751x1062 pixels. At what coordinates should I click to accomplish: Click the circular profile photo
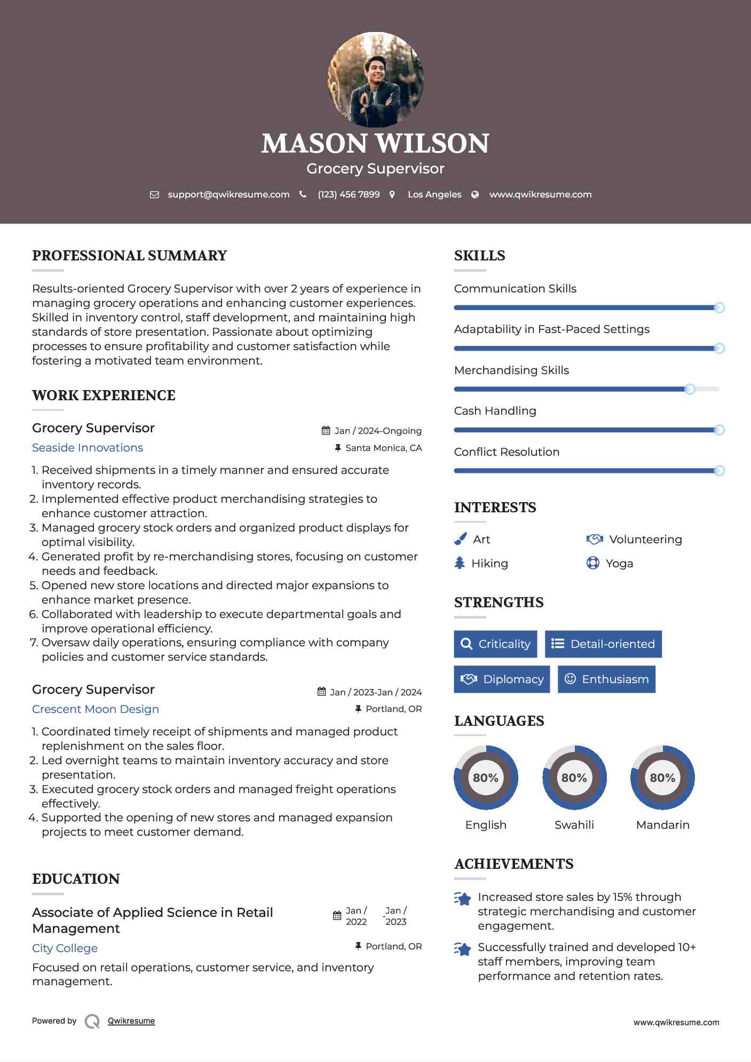click(x=375, y=80)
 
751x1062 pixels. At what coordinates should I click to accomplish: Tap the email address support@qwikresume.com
click(x=228, y=195)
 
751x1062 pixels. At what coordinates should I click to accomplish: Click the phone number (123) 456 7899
click(x=349, y=195)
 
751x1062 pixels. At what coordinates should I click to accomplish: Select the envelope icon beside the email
click(x=154, y=195)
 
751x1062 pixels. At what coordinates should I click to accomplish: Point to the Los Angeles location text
click(x=434, y=195)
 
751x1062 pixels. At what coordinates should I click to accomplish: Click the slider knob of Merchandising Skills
click(x=690, y=389)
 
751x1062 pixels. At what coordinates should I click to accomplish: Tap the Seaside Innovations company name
click(x=88, y=448)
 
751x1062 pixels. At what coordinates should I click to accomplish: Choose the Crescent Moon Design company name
click(x=96, y=709)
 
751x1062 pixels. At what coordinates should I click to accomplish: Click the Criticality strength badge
click(x=495, y=644)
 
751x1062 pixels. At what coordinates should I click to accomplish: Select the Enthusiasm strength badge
click(x=606, y=679)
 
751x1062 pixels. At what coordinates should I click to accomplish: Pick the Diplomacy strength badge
click(x=502, y=679)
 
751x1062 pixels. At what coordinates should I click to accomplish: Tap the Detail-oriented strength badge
click(x=603, y=644)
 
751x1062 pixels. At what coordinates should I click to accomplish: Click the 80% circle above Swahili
click(x=574, y=778)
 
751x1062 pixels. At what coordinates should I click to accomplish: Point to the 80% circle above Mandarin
click(x=662, y=778)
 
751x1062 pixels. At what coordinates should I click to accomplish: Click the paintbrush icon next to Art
click(x=460, y=540)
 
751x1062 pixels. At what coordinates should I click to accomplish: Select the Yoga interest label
click(x=619, y=564)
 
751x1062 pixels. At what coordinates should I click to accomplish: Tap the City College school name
click(x=65, y=948)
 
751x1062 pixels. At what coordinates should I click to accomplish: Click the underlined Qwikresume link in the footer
click(x=131, y=1021)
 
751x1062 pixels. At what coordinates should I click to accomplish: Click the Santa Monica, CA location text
click(x=383, y=448)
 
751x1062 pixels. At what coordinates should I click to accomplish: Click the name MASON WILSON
click(x=375, y=144)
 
